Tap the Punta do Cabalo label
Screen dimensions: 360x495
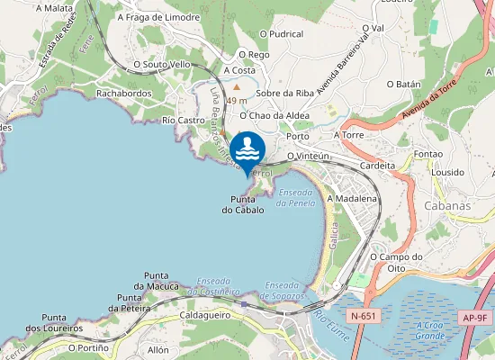click(x=243, y=204)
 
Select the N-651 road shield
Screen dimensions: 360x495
click(x=364, y=317)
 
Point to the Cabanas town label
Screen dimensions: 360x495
click(x=445, y=206)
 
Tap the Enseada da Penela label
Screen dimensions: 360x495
click(x=296, y=198)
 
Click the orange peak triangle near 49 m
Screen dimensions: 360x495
click(x=237, y=87)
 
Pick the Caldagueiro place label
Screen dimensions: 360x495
click(x=206, y=316)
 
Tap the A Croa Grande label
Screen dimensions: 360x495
click(x=431, y=329)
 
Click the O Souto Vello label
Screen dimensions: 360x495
click(x=162, y=65)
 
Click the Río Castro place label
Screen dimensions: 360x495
click(x=184, y=120)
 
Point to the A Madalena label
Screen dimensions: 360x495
click(x=352, y=198)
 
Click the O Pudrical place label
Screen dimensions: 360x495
click(x=281, y=34)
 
